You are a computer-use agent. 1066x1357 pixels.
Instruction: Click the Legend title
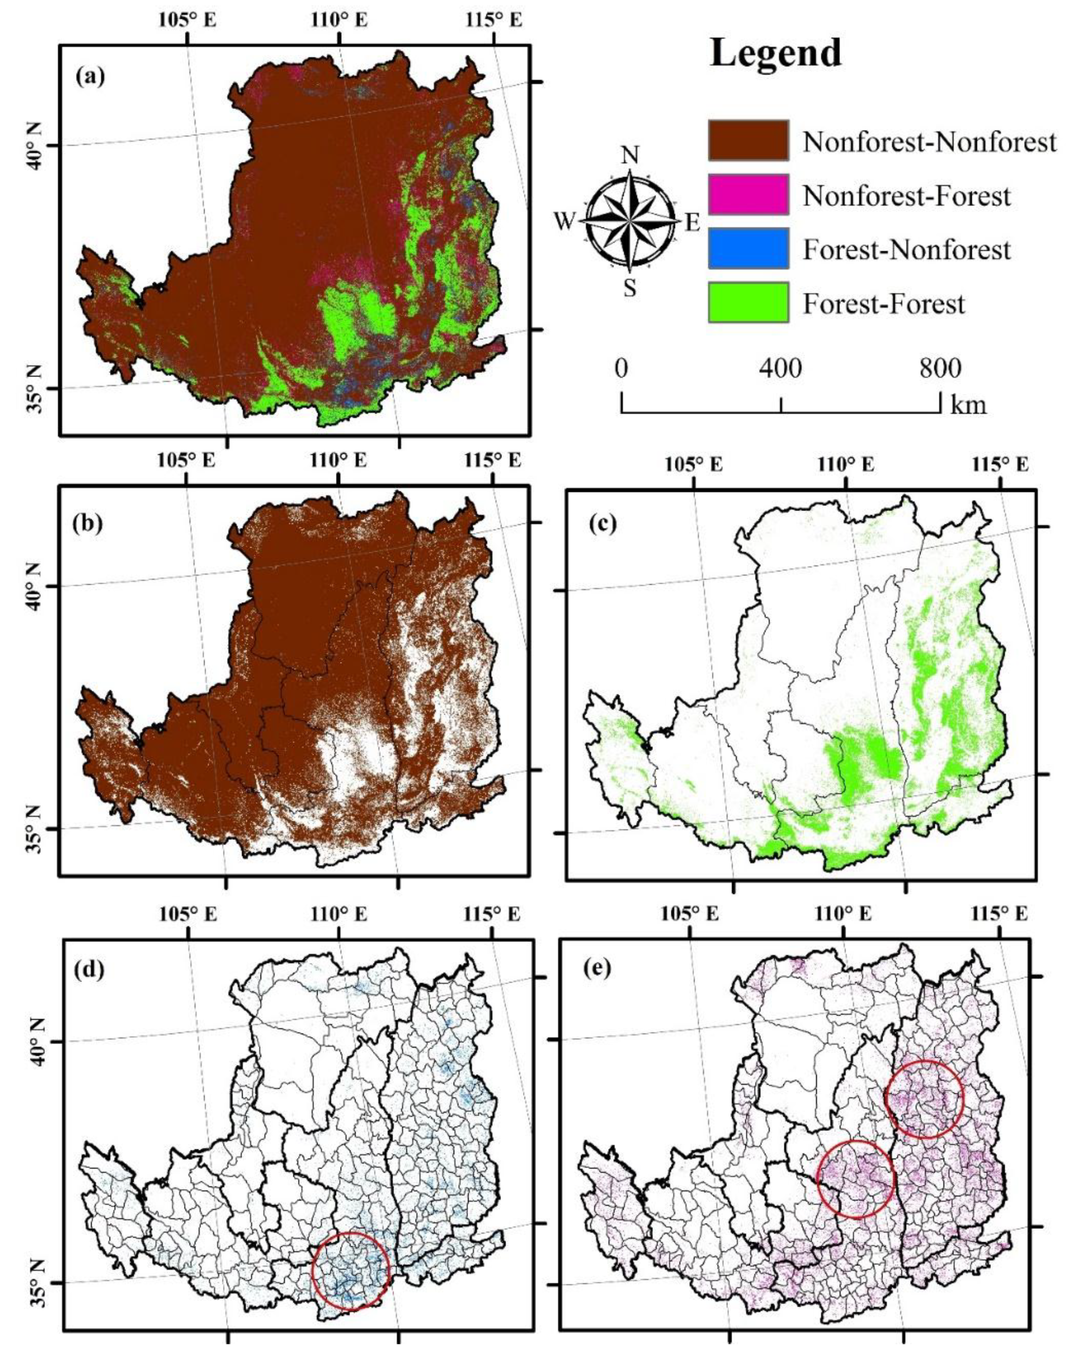click(x=776, y=54)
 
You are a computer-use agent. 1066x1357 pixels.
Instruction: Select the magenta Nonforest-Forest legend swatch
click(x=748, y=195)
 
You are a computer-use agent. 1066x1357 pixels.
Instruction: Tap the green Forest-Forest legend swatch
click(x=748, y=302)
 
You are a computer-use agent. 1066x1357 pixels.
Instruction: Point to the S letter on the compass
click(x=630, y=289)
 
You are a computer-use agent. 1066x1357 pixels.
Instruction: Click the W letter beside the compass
click(x=564, y=222)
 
